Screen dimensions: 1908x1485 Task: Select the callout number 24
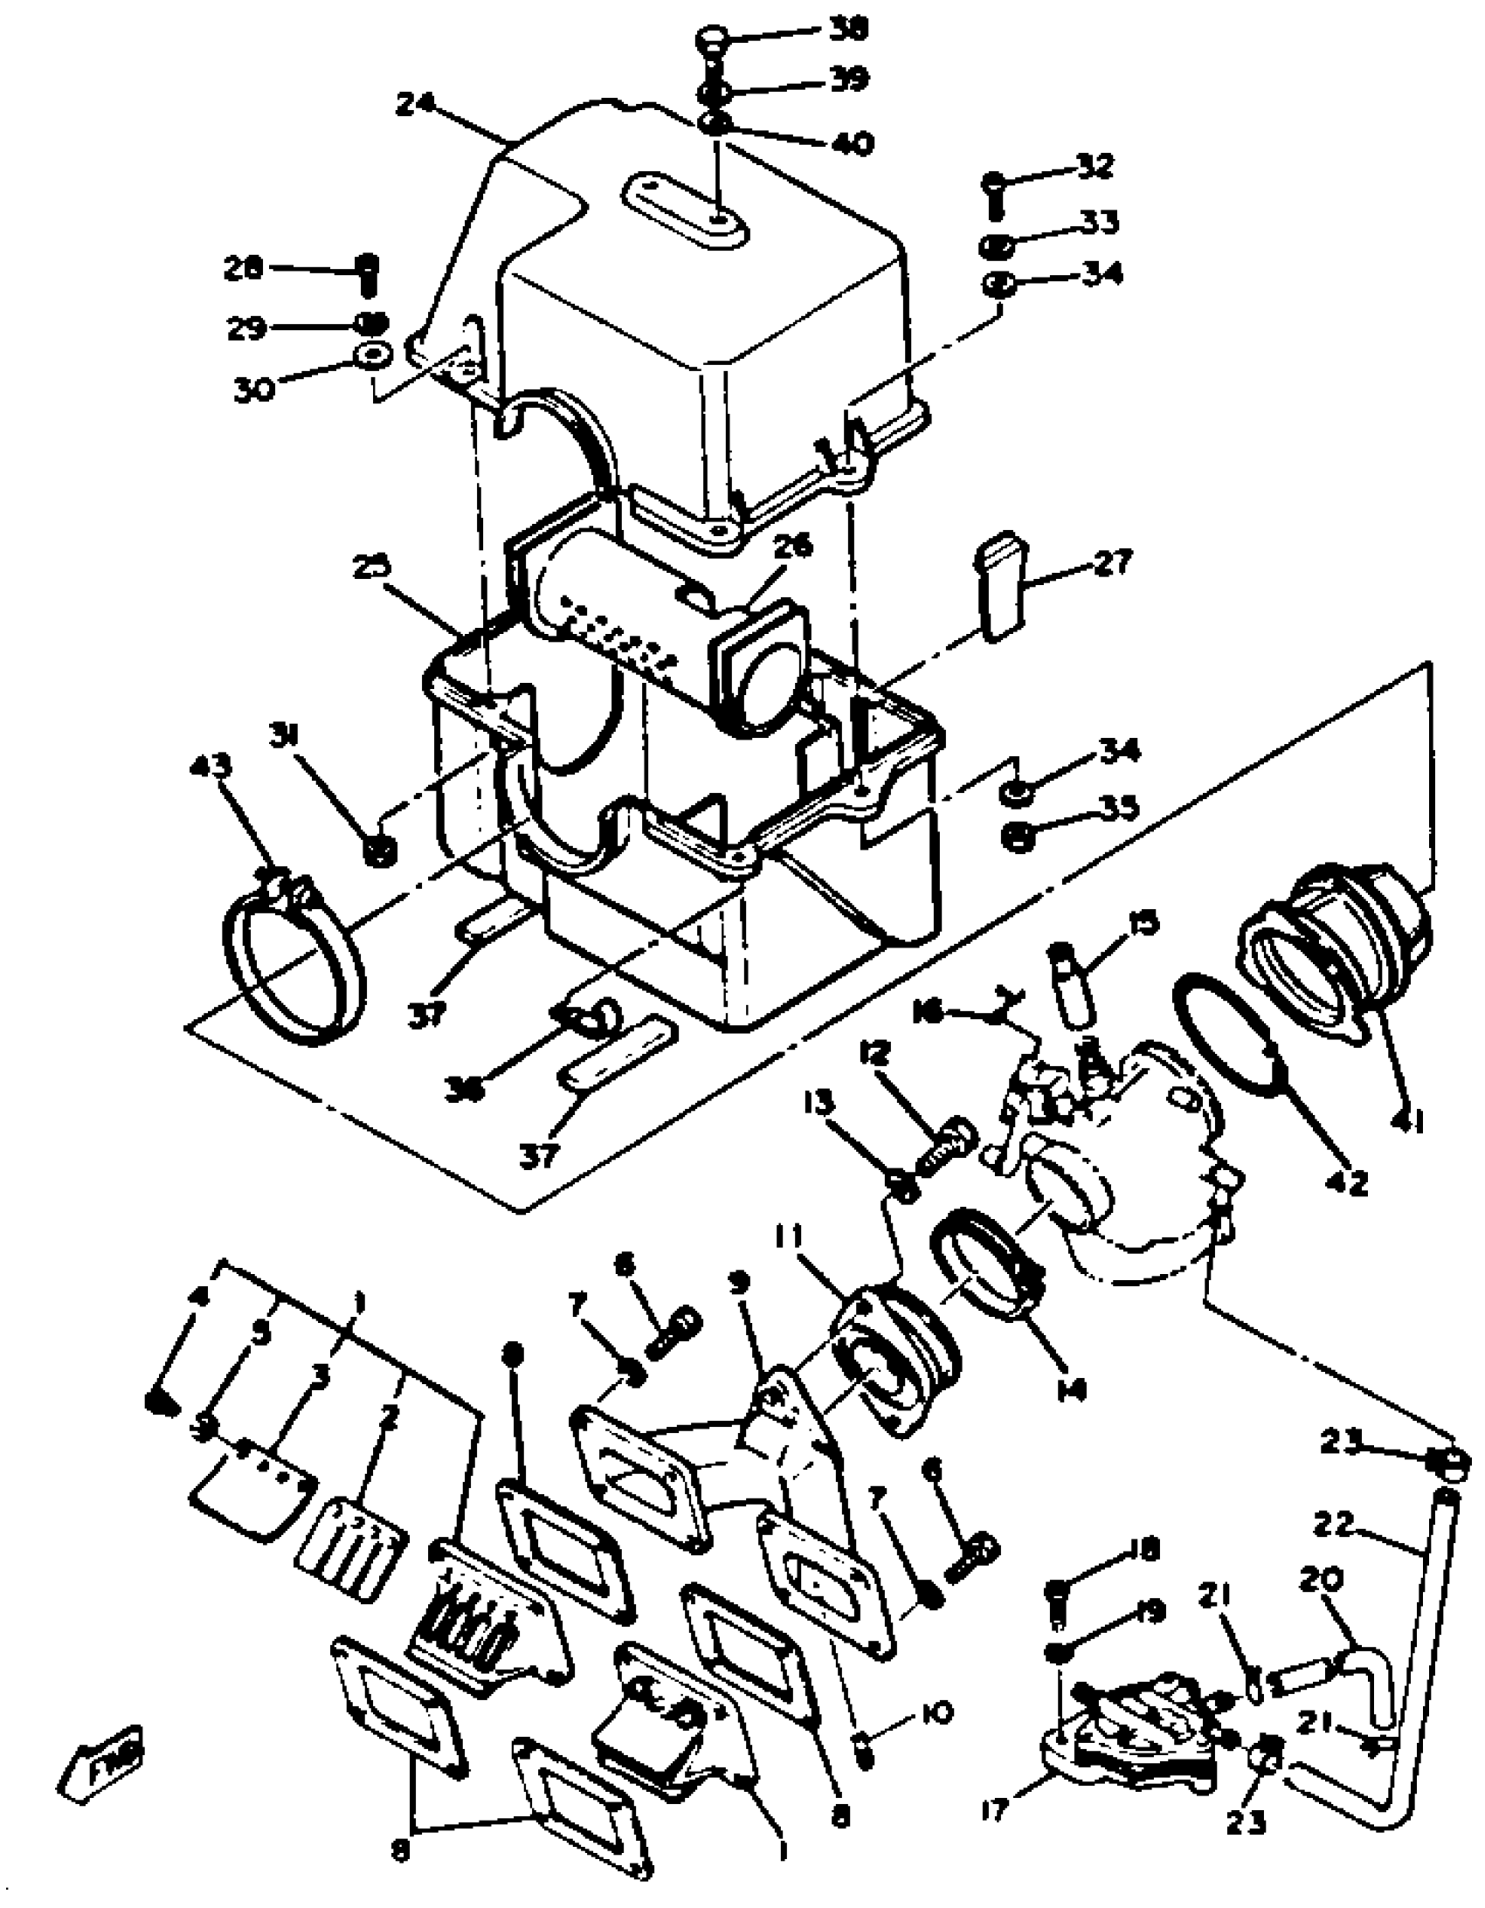point(416,104)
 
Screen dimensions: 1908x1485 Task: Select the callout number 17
point(996,1808)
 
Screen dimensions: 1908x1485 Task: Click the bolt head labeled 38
point(714,39)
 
